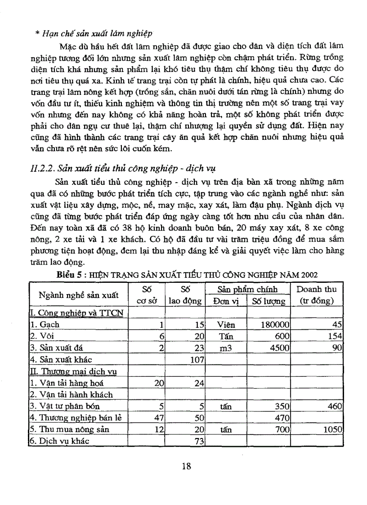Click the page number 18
point(187,466)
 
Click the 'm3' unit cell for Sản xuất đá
point(225,348)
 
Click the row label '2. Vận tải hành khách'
point(71,394)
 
